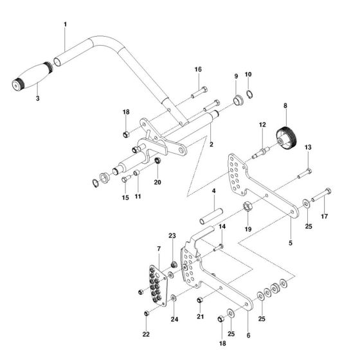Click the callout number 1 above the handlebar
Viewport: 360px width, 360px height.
coord(66,24)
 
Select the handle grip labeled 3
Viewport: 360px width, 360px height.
coord(32,76)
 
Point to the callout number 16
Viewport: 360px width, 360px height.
coord(198,69)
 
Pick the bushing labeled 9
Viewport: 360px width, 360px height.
coord(238,101)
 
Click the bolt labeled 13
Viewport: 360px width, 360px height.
coord(305,174)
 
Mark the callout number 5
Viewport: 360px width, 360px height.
coord(291,243)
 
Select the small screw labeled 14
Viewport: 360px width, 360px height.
coord(218,248)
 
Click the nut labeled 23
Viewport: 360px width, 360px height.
coord(174,264)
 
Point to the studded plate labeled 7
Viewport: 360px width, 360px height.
coord(159,286)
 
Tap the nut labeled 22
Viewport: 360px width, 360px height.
coord(147,313)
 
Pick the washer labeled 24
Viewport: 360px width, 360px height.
coord(174,298)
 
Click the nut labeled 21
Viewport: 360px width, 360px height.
coord(200,300)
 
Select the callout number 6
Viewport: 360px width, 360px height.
coord(248,335)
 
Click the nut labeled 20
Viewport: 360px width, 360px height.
coord(157,160)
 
